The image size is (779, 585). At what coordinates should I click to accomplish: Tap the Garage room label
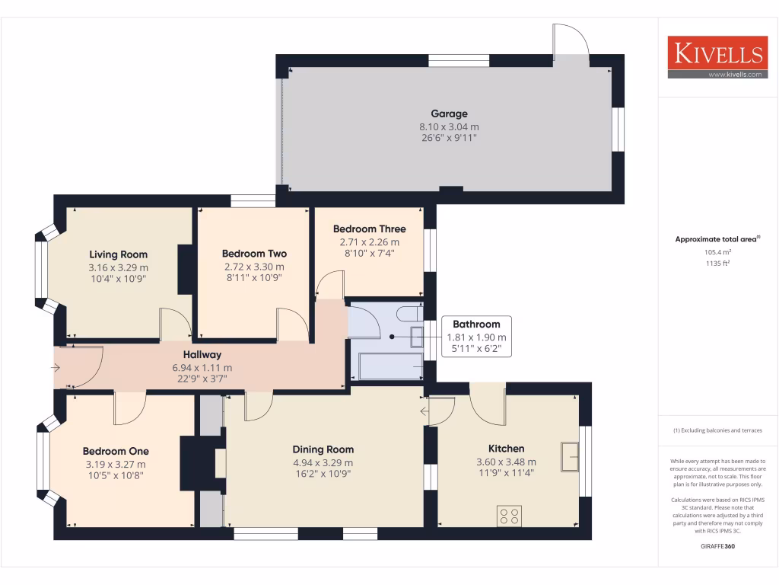(449, 114)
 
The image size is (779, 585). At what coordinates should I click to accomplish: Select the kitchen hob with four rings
(509, 516)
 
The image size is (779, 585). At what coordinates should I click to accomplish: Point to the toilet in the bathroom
(409, 314)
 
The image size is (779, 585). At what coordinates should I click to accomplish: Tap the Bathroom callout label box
(476, 337)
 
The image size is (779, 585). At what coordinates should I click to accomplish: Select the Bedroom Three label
(369, 229)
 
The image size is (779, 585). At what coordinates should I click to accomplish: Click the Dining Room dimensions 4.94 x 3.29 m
(323, 462)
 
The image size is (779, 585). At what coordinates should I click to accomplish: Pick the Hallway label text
(202, 354)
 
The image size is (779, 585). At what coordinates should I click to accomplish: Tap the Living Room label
(118, 254)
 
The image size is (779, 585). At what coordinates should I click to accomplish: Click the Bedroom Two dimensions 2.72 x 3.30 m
(254, 267)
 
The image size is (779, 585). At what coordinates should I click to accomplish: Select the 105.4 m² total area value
(717, 251)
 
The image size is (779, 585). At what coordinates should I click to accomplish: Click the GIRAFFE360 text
(717, 546)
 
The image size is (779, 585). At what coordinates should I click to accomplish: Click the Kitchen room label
(506, 449)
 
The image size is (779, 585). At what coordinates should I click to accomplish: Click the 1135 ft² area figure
(717, 264)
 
